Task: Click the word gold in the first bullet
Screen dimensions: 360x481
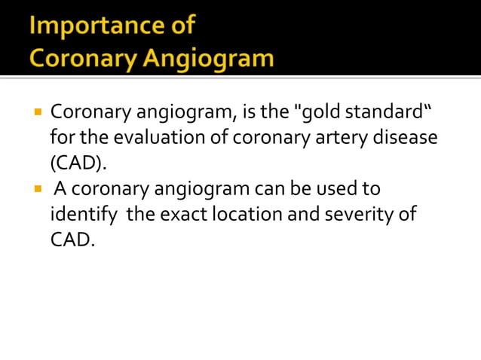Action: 326,114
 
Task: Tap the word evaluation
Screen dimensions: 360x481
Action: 133,139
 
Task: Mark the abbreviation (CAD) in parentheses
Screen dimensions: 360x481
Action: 78,163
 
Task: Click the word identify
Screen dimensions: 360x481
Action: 83,214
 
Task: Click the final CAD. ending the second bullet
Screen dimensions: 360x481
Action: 73,239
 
